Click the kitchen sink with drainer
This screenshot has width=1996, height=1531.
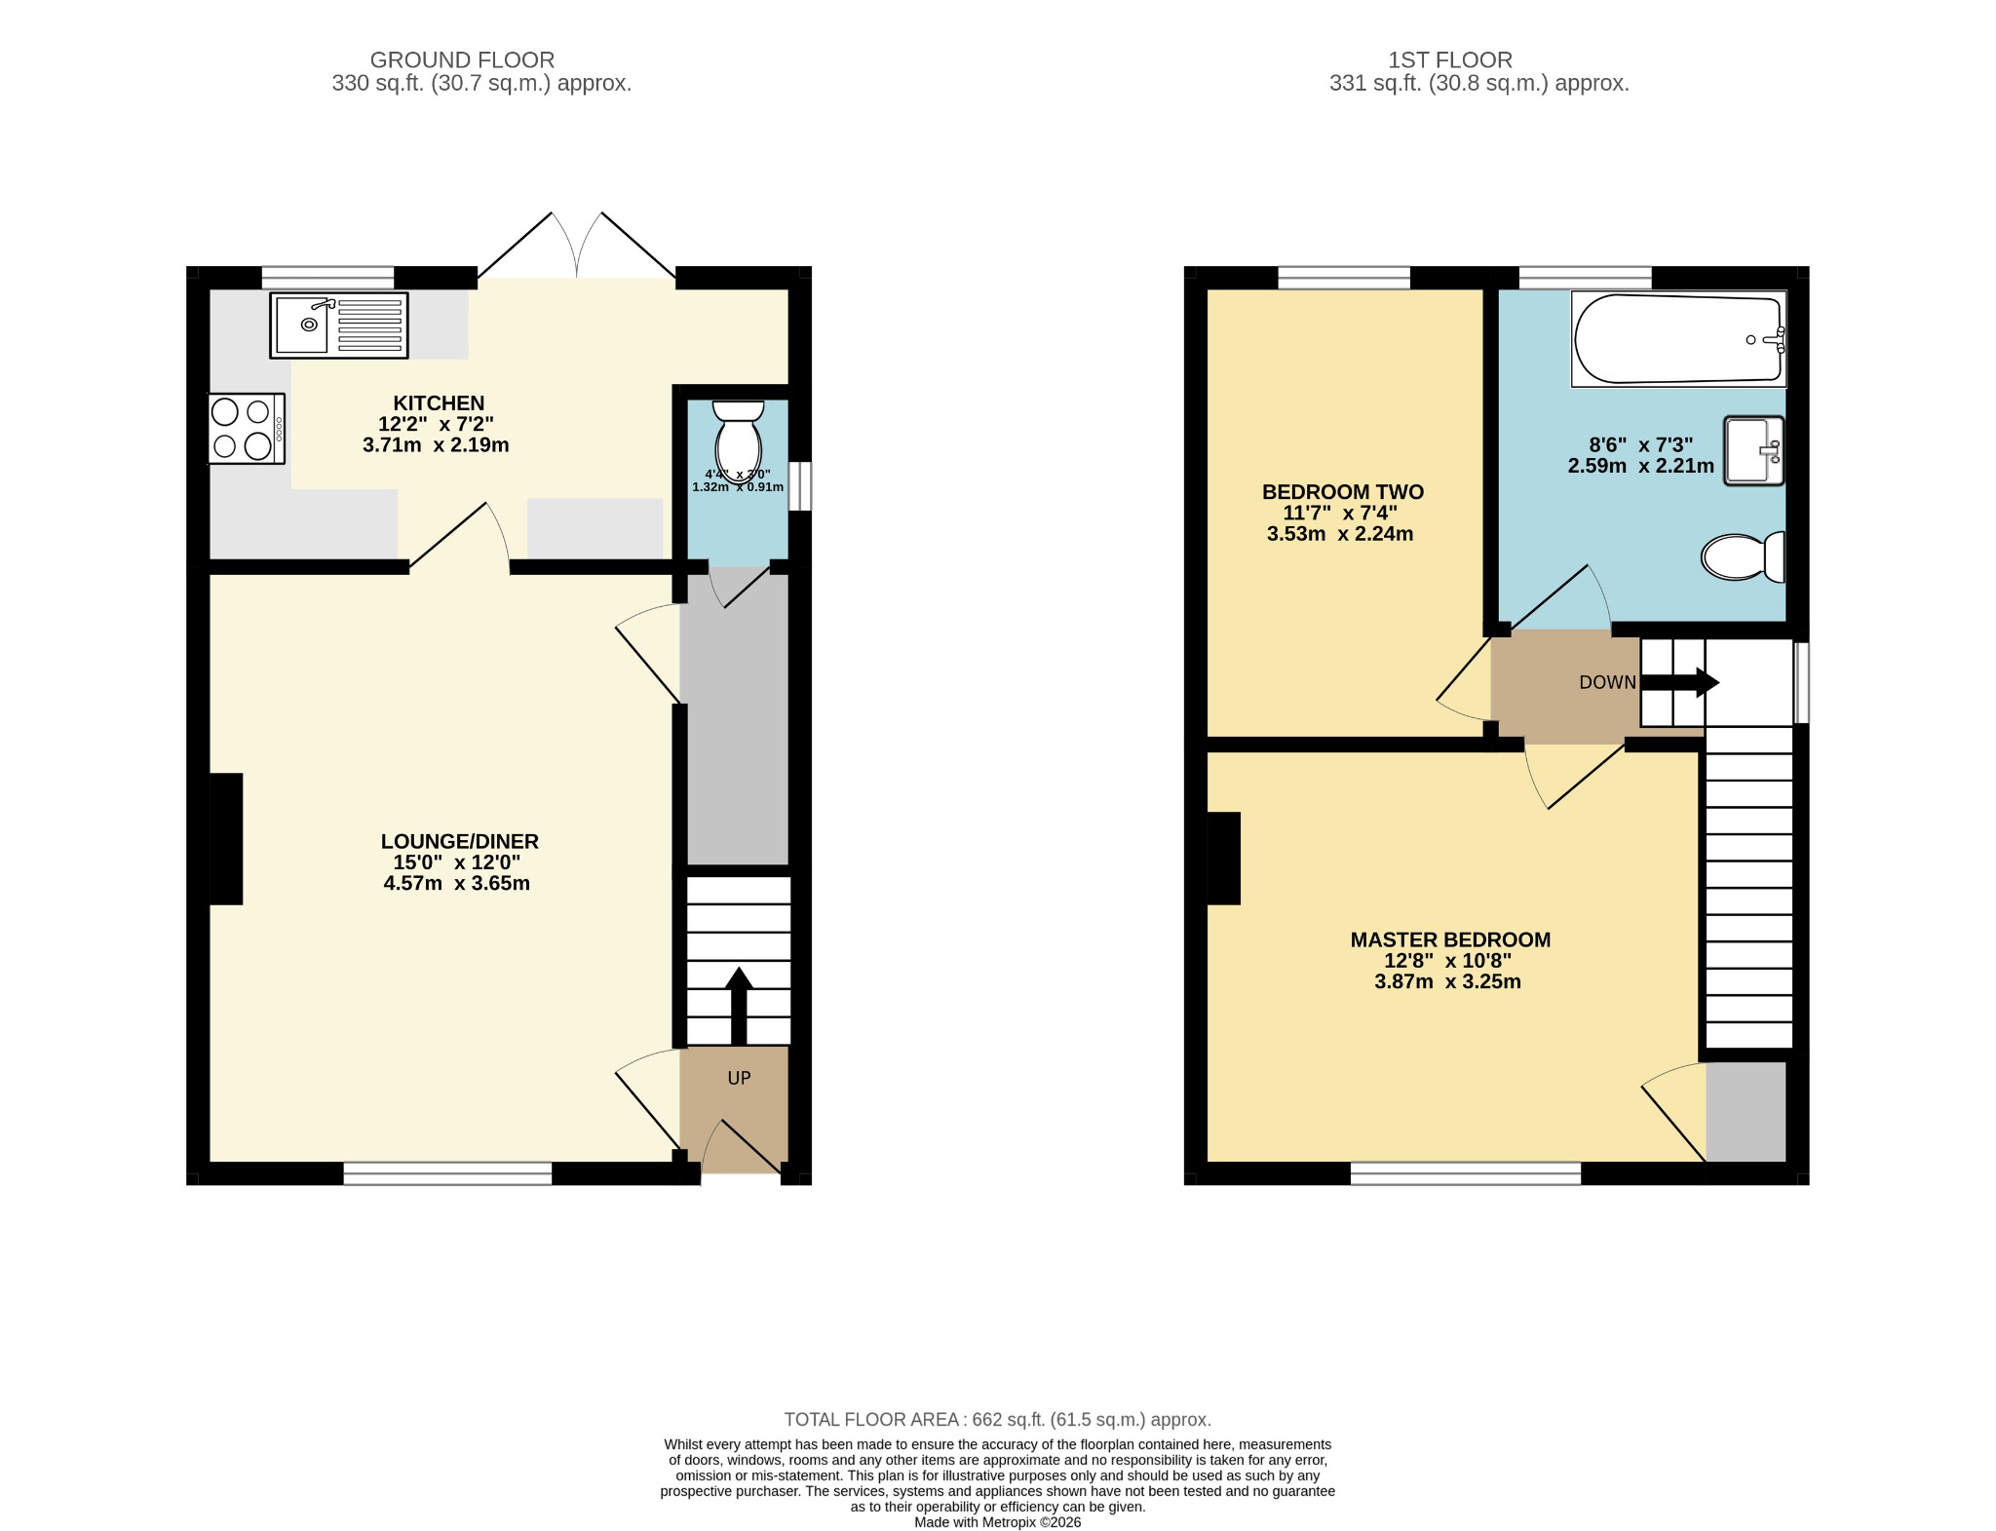coord(339,325)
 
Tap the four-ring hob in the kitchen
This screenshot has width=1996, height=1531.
coord(246,429)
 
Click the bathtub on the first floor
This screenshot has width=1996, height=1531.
coord(1678,339)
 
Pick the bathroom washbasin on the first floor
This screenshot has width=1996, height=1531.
coord(1754,450)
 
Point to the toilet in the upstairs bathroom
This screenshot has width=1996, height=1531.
coord(1744,557)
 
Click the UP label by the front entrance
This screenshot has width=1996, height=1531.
coord(739,1078)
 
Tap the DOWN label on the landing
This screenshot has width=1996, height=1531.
coord(1608,682)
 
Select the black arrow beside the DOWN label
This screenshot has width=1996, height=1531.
coord(1680,682)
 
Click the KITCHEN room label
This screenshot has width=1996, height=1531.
coord(439,402)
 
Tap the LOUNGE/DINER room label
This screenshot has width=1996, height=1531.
coord(459,841)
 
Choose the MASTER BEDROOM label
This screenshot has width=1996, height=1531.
coord(1450,939)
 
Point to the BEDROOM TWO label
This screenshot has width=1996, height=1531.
coord(1343,492)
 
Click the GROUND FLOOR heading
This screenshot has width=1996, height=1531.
coord(462,60)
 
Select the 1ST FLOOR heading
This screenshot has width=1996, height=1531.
coord(1450,60)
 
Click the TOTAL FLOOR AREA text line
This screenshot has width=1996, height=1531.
coord(998,1419)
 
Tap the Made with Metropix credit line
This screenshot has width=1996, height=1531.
coord(998,1521)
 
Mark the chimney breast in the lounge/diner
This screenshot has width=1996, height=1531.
coord(226,839)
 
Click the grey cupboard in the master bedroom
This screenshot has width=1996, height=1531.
coord(1746,1112)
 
